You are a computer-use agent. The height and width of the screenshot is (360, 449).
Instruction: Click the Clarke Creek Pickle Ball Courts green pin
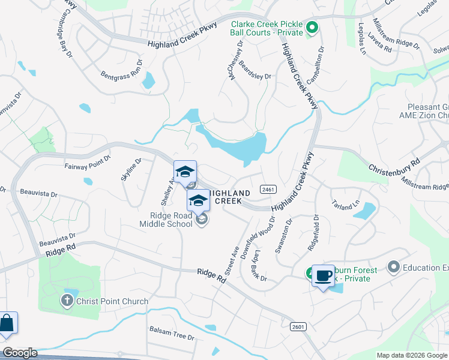312,27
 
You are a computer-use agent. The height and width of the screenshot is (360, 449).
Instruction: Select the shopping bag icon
7,323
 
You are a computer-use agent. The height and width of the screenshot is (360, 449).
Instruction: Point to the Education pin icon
394,266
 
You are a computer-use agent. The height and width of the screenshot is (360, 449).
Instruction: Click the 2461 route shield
268,190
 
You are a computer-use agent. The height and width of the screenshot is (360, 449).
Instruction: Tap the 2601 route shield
297,326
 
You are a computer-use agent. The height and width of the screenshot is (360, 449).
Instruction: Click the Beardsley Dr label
255,70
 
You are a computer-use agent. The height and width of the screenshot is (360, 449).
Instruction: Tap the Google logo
19,353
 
